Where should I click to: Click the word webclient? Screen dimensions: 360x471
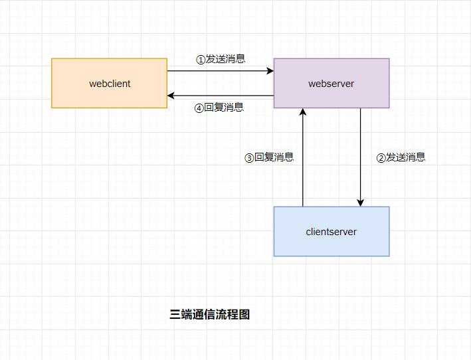[110, 84]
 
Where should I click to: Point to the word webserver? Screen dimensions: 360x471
[331, 84]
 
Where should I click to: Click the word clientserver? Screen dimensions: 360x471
[331, 232]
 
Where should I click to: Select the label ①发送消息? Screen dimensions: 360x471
[221, 59]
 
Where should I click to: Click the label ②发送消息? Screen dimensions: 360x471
[401, 158]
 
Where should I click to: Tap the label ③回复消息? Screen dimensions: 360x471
[269, 158]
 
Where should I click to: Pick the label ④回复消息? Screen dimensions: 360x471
[219, 108]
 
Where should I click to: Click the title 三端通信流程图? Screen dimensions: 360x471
[210, 315]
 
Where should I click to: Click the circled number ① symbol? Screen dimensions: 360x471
[201, 60]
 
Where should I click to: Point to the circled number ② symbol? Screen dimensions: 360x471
[381, 159]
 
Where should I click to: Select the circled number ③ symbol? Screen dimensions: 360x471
[249, 159]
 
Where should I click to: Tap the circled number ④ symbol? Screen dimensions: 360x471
[199, 108]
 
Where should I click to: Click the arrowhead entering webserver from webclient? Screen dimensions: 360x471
[270, 70]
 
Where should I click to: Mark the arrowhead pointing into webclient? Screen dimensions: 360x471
[171, 96]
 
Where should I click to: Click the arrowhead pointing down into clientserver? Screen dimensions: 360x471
[361, 203]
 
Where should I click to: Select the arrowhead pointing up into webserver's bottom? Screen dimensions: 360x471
[303, 112]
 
